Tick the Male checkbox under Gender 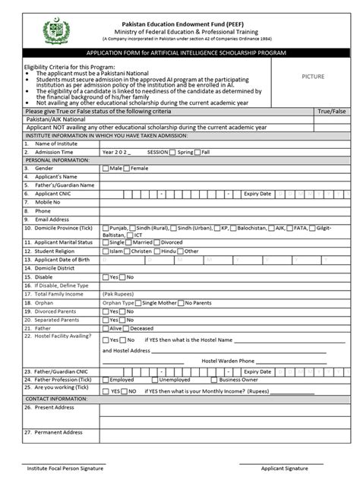click(106, 168)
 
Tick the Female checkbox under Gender click(127, 168)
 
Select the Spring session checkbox click(174, 152)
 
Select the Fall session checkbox click(197, 152)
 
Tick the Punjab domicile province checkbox click(106, 226)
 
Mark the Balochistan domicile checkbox click(234, 226)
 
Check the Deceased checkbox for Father click(126, 329)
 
